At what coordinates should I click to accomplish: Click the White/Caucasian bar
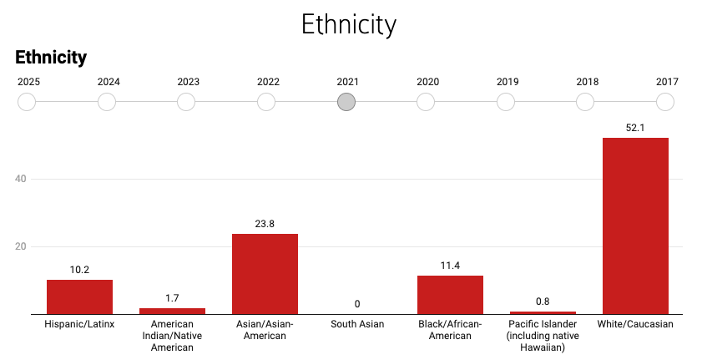(x=635, y=226)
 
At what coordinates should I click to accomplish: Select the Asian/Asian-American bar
(x=265, y=274)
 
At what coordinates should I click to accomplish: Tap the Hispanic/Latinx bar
(x=79, y=297)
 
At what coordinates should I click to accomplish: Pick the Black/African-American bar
(x=450, y=295)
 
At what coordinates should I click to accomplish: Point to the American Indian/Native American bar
(x=172, y=312)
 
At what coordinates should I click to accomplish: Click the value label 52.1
(x=635, y=127)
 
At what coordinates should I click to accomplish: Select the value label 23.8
(x=265, y=223)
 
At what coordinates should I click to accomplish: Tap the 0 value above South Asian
(x=357, y=304)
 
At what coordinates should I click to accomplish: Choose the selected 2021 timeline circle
(x=346, y=102)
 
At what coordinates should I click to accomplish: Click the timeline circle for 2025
(x=27, y=102)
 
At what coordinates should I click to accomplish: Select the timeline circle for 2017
(x=665, y=102)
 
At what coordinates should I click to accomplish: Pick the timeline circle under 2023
(x=187, y=102)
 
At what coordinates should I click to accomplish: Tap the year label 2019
(x=508, y=82)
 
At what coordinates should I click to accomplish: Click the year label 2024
(x=109, y=82)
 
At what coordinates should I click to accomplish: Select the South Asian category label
(x=357, y=324)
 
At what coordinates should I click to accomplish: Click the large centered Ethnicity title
(x=349, y=24)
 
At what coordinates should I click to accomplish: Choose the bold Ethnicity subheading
(x=51, y=58)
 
